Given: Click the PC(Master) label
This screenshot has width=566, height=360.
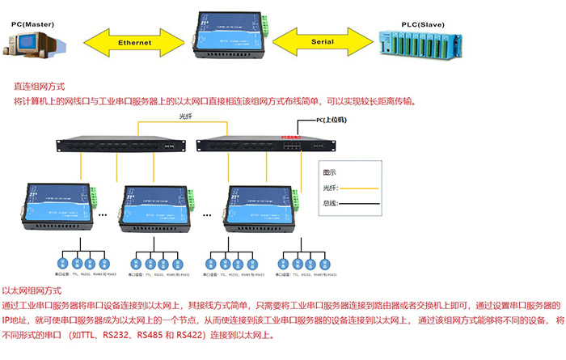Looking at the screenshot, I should pyautogui.click(x=33, y=25).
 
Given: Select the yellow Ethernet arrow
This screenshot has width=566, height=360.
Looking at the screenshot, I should pyautogui.click(x=134, y=41).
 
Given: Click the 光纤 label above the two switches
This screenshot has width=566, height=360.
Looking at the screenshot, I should pyautogui.click(x=187, y=117).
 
